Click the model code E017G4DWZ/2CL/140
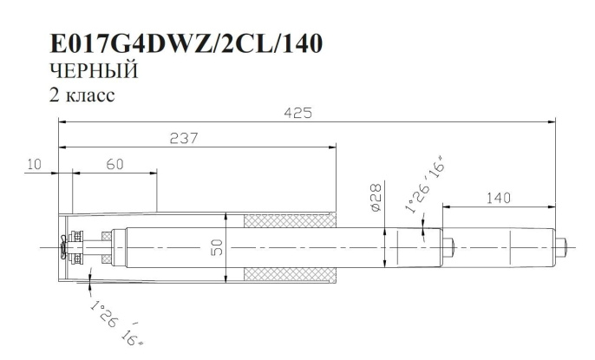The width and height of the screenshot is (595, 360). coord(186,44)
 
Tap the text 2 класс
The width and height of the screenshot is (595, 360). coord(83,95)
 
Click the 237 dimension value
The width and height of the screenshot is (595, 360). coord(184,138)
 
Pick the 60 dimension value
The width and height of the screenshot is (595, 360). coord(114,163)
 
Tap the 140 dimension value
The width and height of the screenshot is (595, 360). coord(497,198)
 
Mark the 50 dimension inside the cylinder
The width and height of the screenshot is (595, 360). coord(218,247)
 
